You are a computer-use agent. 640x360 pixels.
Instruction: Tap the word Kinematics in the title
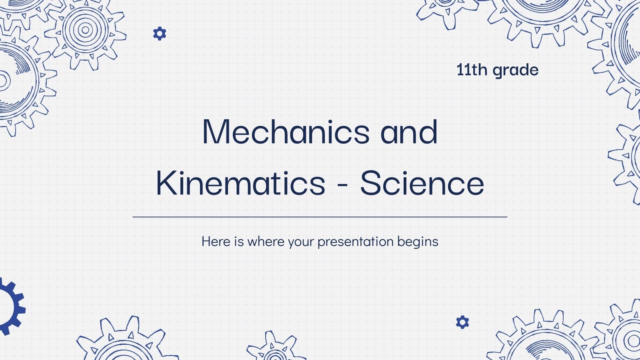click(240, 183)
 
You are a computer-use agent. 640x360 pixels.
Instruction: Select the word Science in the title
click(422, 183)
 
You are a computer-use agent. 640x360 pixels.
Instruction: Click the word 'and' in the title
click(409, 132)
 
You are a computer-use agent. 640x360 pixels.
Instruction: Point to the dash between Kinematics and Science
click(342, 185)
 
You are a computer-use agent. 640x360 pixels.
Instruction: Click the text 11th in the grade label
click(472, 70)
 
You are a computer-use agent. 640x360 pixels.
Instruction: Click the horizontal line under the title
click(320, 217)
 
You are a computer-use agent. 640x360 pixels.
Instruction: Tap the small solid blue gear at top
click(160, 34)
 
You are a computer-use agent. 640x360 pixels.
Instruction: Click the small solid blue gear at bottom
click(462, 322)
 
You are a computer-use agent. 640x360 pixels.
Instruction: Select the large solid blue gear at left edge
click(10, 306)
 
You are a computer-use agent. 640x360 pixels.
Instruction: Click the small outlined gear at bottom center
click(274, 348)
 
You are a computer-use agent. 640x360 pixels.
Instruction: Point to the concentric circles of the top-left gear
click(85, 30)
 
